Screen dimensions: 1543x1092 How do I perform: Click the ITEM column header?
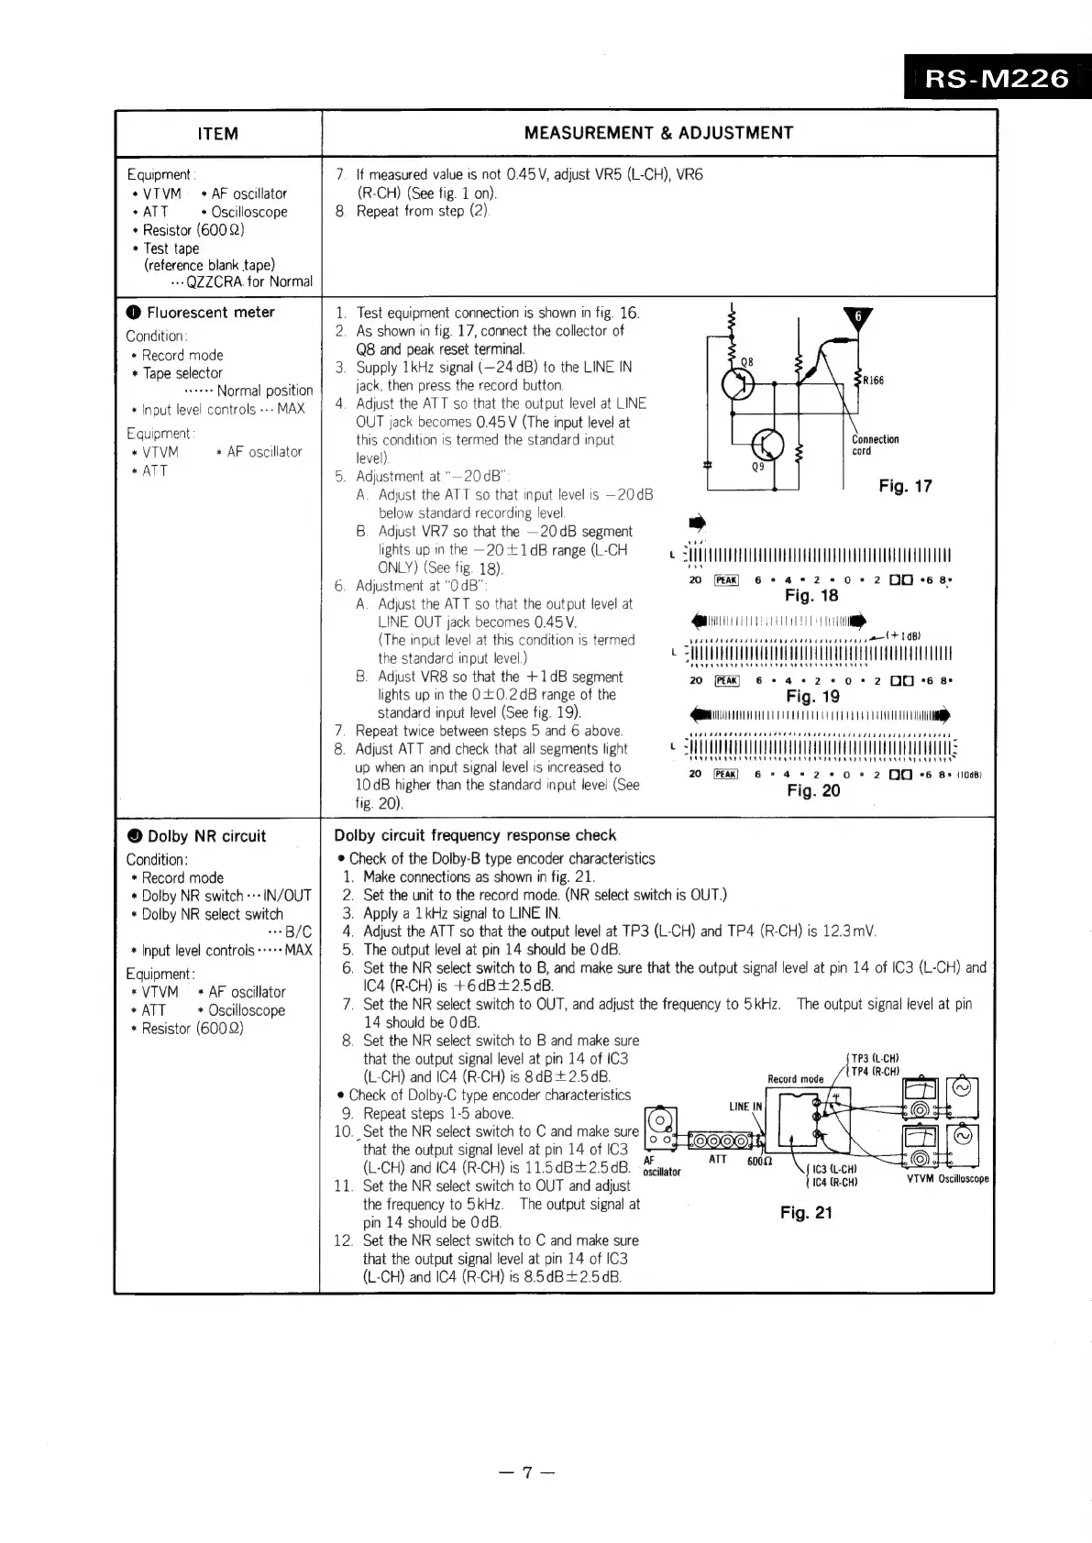217,134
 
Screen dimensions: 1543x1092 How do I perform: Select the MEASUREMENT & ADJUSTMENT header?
658,133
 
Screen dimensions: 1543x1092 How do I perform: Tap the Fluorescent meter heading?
210,313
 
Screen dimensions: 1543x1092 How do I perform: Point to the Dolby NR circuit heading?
205,836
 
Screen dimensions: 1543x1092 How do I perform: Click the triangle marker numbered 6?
858,318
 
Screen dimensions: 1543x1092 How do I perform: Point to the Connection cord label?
875,445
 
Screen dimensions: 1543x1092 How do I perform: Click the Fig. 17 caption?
904,486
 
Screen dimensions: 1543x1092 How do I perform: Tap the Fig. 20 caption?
812,790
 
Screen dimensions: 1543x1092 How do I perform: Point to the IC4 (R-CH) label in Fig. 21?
834,1182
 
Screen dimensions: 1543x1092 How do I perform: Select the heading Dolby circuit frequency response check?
475,835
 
